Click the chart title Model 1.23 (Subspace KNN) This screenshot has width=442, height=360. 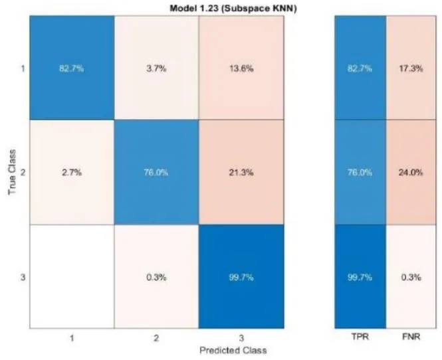point(233,9)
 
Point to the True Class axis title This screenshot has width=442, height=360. point(12,172)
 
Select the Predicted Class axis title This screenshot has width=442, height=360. point(233,351)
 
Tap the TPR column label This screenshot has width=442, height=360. point(360,336)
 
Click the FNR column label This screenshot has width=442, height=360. point(411,336)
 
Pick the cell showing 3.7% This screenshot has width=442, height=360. point(156,68)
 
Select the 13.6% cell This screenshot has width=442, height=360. point(241,68)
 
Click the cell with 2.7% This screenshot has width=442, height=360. point(72,172)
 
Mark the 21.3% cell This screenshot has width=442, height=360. point(241,172)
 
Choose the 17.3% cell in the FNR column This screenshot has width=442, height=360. point(411,68)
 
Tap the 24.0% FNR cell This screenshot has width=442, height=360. point(411,172)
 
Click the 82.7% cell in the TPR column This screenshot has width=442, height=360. point(360,68)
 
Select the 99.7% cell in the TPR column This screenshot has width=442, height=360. point(360,276)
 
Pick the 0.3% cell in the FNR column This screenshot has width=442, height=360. point(411,276)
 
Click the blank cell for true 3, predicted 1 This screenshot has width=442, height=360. point(72,276)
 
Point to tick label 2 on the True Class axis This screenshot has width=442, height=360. point(23,172)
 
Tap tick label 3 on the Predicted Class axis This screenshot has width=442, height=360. point(241,337)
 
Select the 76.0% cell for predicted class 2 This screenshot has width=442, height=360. point(156,172)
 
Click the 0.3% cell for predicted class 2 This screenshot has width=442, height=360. point(156,276)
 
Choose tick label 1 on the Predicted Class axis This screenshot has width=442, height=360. point(72,337)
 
